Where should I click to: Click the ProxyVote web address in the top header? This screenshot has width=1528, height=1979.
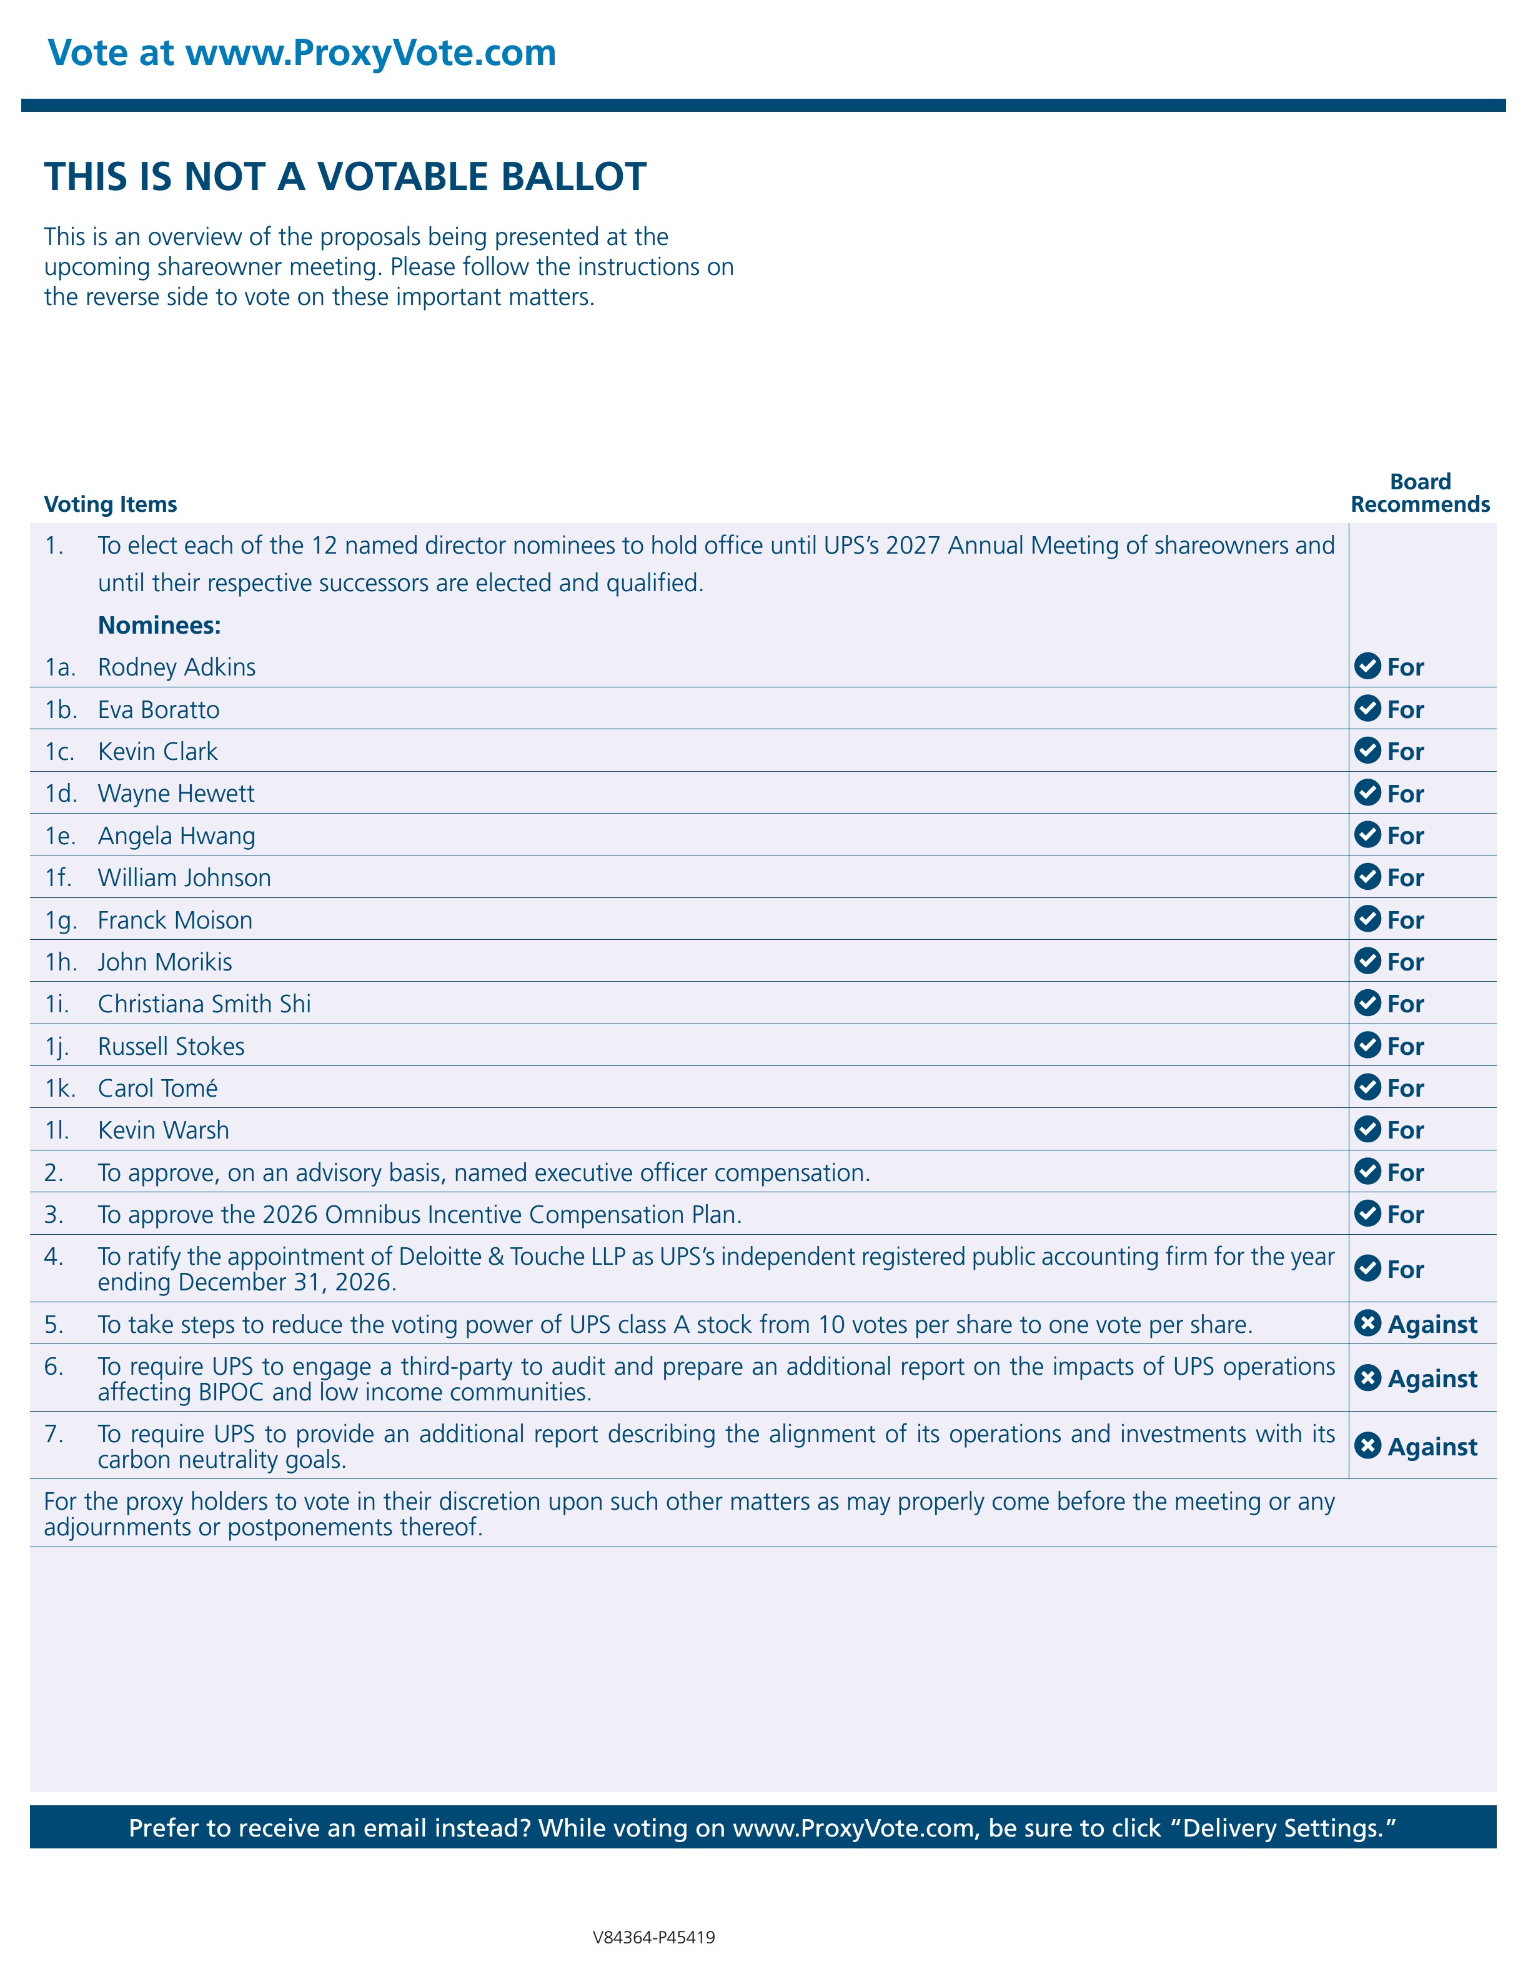[370, 52]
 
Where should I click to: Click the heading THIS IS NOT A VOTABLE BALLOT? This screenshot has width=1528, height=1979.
[345, 177]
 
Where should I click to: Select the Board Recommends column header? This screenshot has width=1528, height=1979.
[1419, 493]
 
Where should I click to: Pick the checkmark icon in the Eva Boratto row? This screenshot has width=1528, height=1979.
[1367, 709]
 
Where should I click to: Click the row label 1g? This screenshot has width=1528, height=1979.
[60, 920]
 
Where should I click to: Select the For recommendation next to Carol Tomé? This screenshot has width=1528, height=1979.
[1405, 1089]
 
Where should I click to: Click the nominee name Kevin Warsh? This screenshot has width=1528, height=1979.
[163, 1130]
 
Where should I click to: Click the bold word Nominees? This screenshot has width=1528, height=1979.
[159, 626]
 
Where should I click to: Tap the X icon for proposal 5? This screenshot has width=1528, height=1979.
[1367, 1324]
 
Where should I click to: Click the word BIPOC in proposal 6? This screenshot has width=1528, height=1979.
[230, 1392]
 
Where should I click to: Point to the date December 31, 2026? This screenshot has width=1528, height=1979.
[287, 1282]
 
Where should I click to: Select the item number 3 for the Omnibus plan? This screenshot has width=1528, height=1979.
[54, 1214]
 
